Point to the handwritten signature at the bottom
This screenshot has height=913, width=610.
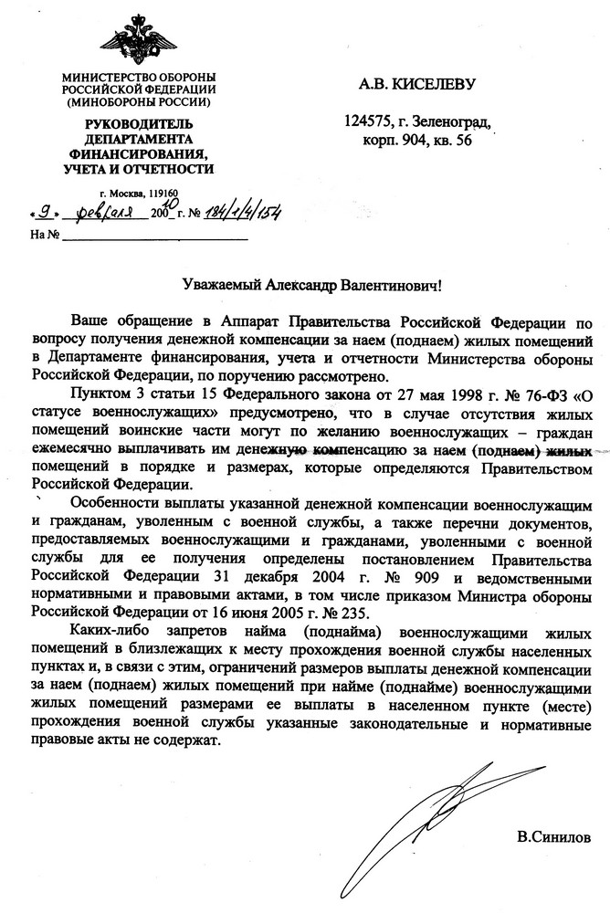tap(420, 822)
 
